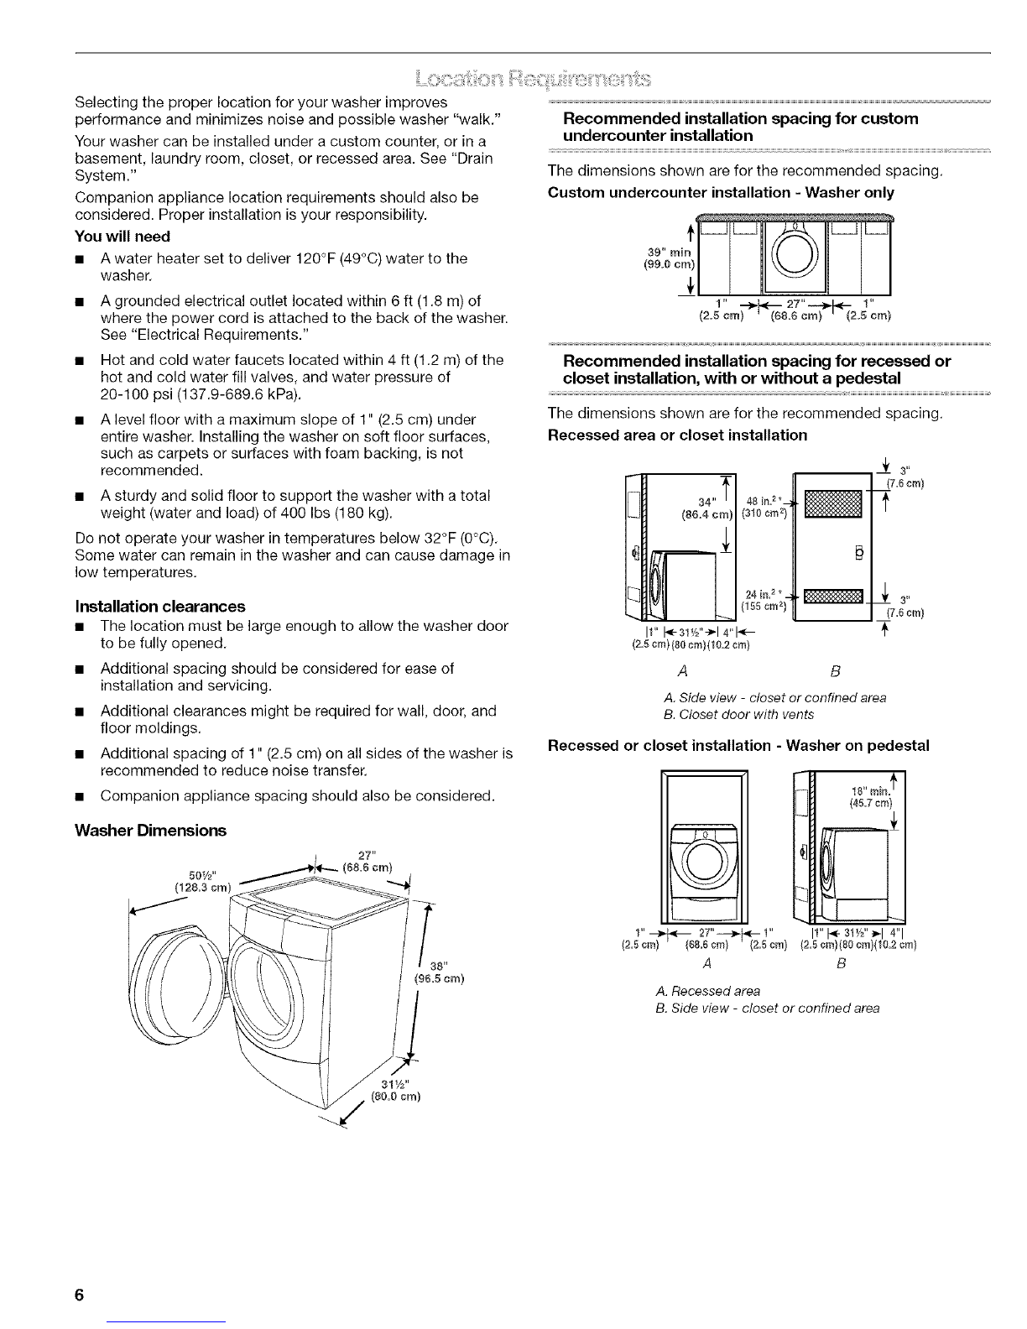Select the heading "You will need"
click(x=123, y=236)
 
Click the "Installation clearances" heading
click(x=160, y=605)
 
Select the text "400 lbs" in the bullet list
click(x=306, y=513)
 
